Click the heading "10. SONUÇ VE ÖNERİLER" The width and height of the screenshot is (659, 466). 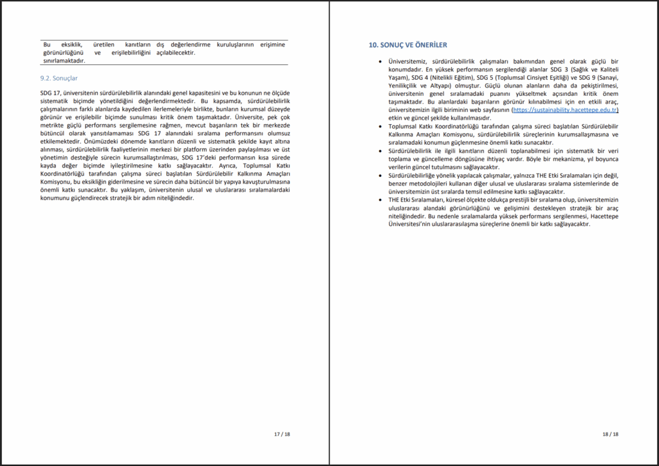pyautogui.click(x=408, y=45)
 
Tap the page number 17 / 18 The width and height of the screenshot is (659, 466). pyautogui.click(x=282, y=434)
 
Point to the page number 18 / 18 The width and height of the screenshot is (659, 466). pyautogui.click(x=611, y=434)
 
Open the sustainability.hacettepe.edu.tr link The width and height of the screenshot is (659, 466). pyautogui.click(x=565, y=111)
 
